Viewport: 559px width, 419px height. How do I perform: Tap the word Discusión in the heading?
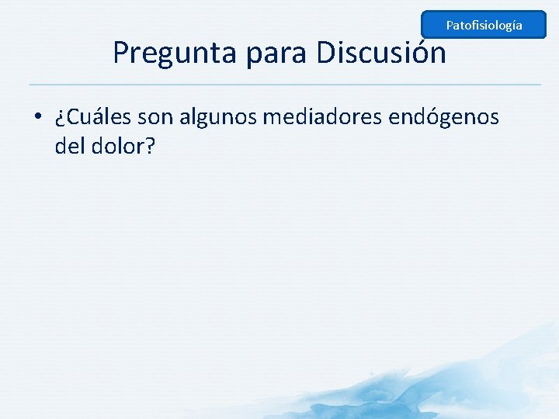381,53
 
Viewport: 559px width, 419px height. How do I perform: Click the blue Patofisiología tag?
484,26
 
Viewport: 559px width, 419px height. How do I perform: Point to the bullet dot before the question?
37,119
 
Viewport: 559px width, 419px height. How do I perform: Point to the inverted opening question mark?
60,119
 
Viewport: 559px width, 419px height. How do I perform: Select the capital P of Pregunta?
121,53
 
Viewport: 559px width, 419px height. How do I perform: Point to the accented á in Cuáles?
96,118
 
